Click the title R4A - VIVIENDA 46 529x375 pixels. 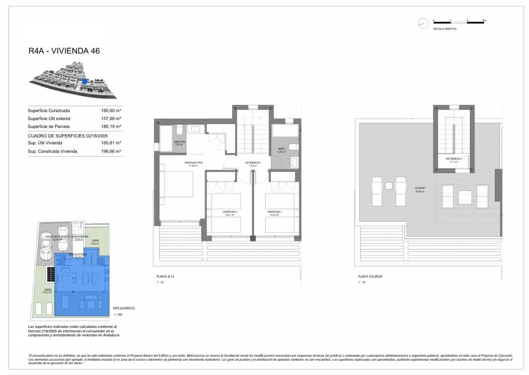tap(65, 51)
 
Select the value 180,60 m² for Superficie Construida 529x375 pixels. tap(112, 111)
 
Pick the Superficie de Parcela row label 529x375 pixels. tap(49, 126)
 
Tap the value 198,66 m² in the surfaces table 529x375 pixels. tap(112, 151)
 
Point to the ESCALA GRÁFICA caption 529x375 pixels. tap(445, 29)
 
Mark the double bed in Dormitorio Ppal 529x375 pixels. tap(176, 184)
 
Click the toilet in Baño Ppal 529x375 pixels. tap(180, 129)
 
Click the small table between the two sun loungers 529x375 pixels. tap(389, 186)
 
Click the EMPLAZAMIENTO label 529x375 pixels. tap(124, 308)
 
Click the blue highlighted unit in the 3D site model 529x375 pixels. tap(85, 81)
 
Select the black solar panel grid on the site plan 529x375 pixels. tap(51, 273)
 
